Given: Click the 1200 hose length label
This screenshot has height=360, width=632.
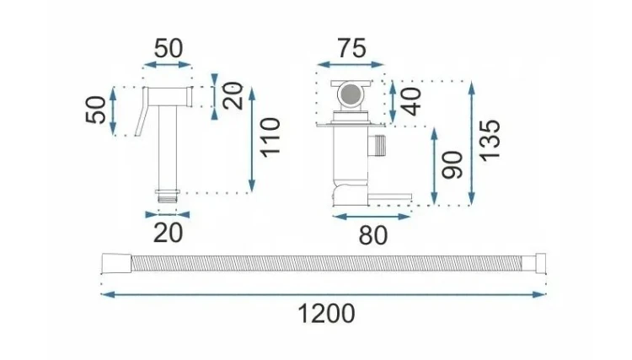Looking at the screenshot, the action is click(x=326, y=314).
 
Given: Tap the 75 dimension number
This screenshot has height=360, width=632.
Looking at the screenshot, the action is click(x=352, y=48).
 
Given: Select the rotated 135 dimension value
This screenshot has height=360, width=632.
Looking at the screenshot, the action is click(x=490, y=141).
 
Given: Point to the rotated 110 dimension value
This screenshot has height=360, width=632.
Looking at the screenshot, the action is click(x=270, y=137).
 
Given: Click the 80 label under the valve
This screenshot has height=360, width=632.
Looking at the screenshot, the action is click(x=372, y=235).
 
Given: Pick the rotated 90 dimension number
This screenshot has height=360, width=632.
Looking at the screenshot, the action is click(x=452, y=165).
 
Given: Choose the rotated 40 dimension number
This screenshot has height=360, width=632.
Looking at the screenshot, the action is click(x=411, y=101).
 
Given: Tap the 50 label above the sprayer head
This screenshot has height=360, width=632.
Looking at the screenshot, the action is click(x=168, y=48).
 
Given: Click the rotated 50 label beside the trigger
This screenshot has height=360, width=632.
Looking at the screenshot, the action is click(x=96, y=110).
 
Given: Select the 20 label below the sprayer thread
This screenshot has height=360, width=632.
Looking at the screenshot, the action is click(x=168, y=233).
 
